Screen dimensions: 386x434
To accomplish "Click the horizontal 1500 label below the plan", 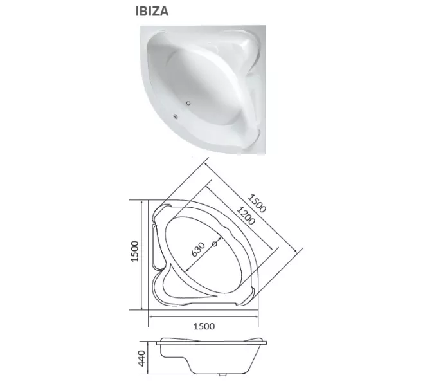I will coord(203,326).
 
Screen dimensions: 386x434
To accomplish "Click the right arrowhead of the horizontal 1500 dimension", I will coord(257,317).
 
